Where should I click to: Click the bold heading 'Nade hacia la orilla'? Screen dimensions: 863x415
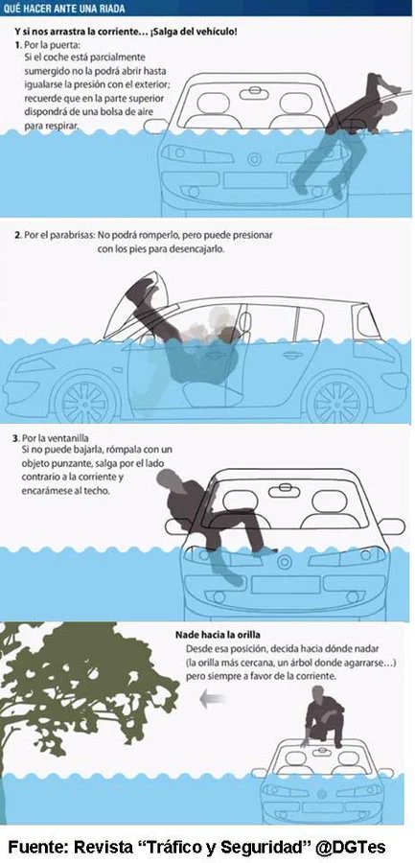click(218, 634)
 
